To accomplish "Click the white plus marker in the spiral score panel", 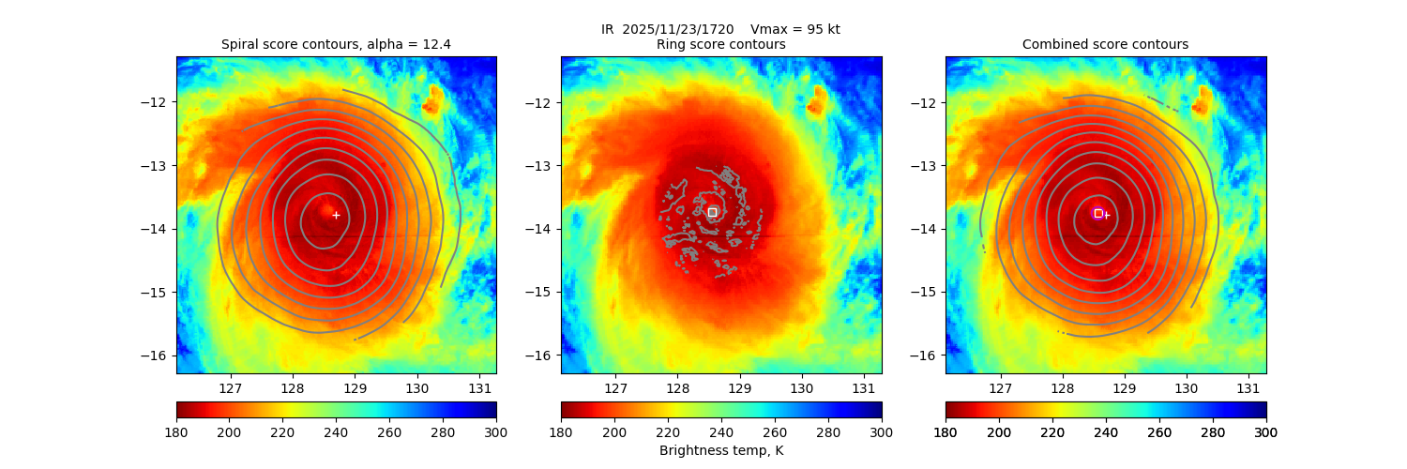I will pyautogui.click(x=336, y=215).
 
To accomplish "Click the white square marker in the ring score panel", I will pyautogui.click(x=712, y=212).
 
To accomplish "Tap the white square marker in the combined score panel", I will pyautogui.click(x=1098, y=213).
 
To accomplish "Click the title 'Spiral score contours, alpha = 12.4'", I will pyautogui.click(x=336, y=44).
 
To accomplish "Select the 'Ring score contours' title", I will pyautogui.click(x=720, y=44).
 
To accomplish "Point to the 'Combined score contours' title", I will pyautogui.click(x=1105, y=44).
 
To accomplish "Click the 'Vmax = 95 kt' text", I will pyautogui.click(x=795, y=29).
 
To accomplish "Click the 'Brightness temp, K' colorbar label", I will pyautogui.click(x=720, y=450).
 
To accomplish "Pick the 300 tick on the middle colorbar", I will pyautogui.click(x=881, y=431).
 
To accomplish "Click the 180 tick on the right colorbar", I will pyautogui.click(x=946, y=431).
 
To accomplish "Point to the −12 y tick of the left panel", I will pyautogui.click(x=159, y=102).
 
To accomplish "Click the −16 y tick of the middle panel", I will pyautogui.click(x=543, y=355).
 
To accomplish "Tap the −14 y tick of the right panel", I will pyautogui.click(x=928, y=229).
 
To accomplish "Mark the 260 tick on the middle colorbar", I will pyautogui.click(x=774, y=431).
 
